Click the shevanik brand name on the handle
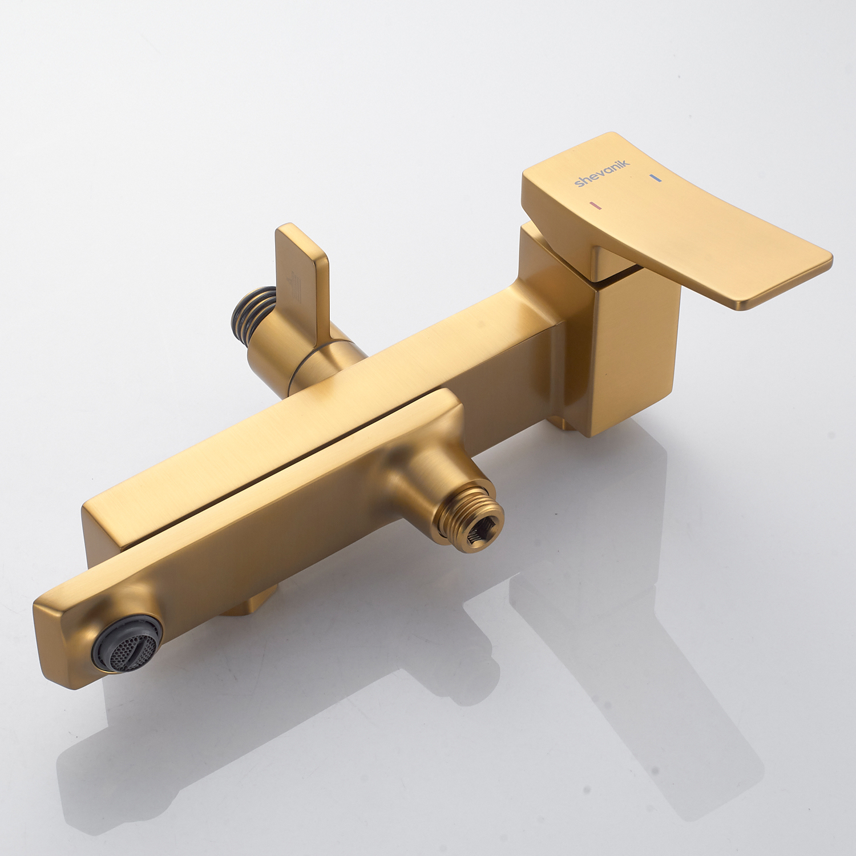tap(602, 173)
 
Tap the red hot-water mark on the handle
tap(597, 204)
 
